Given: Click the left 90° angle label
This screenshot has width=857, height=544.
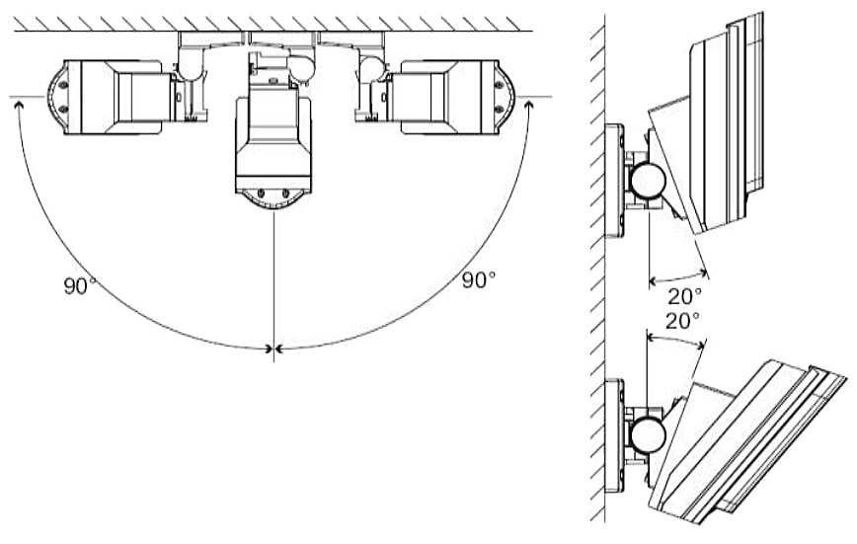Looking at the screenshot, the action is coord(80,286).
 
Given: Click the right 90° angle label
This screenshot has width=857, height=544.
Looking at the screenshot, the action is coord(479,280).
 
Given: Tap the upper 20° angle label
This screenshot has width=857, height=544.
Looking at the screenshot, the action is coord(684,296).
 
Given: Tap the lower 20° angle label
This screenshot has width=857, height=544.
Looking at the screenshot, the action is coord(682,321).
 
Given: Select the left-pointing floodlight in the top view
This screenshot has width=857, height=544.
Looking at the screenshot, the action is coord(110,98).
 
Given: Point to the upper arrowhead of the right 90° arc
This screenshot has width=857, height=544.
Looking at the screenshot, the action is coord(528,104).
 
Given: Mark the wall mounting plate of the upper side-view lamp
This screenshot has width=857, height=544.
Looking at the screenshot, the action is coord(614,182).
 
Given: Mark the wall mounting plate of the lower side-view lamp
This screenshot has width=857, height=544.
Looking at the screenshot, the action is coord(614,435).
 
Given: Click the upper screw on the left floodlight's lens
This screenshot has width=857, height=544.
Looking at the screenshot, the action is coord(63,85).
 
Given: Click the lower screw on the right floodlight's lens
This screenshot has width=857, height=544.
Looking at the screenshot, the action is coord(499,110).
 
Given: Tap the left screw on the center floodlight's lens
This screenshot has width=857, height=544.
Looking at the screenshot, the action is coord(262,193).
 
